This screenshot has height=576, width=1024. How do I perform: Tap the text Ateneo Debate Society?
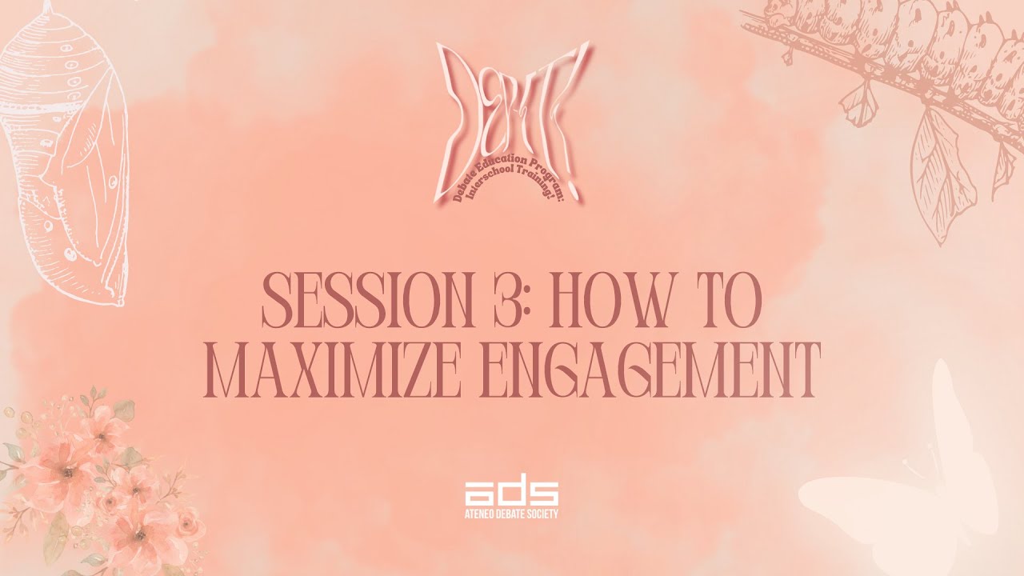click(511, 514)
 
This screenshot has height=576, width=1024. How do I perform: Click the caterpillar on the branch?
click(904, 40)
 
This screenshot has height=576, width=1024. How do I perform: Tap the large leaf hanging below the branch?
click(944, 176)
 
